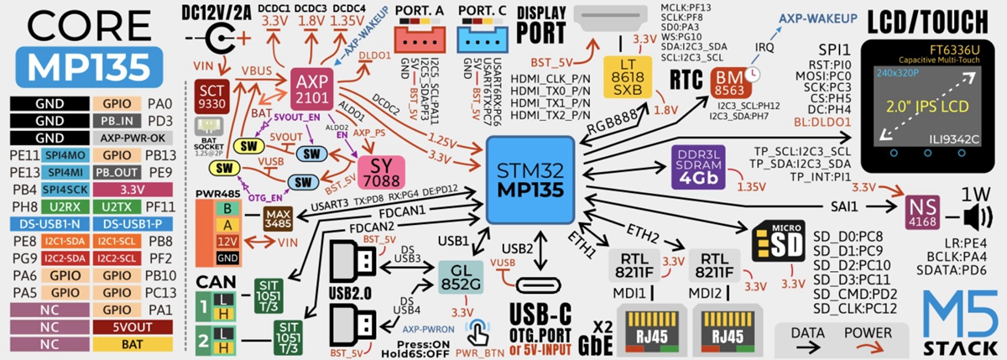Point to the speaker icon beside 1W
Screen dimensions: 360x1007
(x=976, y=217)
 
